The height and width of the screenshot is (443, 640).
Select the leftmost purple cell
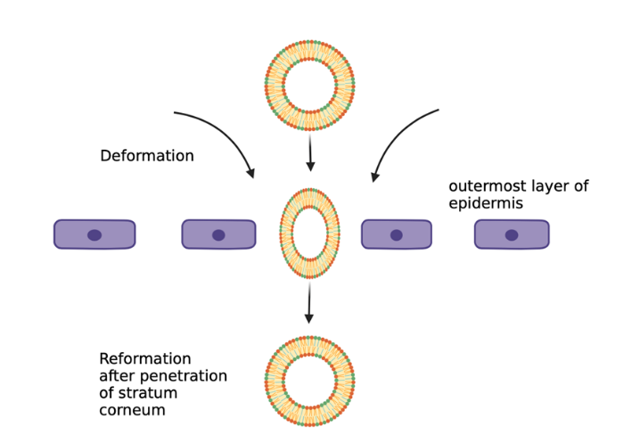[x=94, y=234]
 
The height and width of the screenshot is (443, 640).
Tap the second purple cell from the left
[x=218, y=234]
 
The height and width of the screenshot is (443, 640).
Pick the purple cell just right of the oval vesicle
[x=397, y=234]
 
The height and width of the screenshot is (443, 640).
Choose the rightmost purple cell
[x=512, y=234]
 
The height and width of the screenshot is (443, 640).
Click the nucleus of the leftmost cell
[x=94, y=235]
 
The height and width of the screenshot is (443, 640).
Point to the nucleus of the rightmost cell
[x=512, y=235]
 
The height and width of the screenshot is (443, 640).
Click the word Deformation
[x=147, y=156]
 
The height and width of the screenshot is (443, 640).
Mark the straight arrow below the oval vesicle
[x=309, y=304]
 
